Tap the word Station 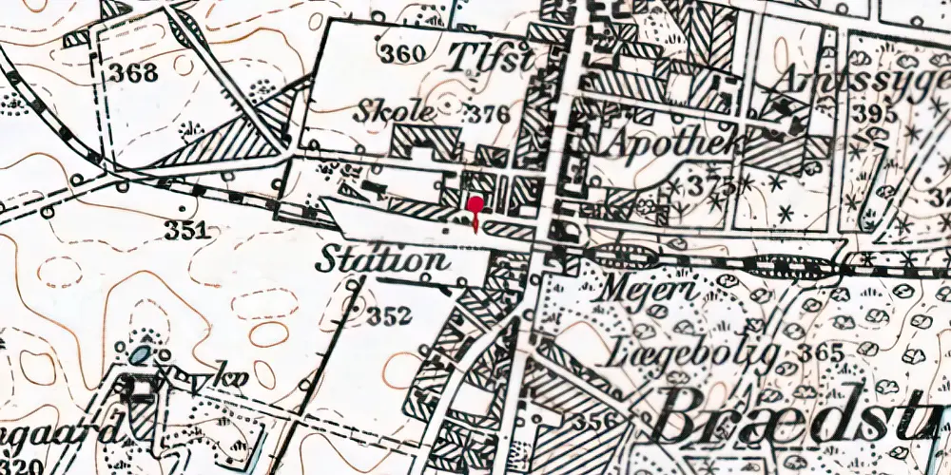coord(382,258)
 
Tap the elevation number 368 coord(133,72)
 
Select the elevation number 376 coord(488,115)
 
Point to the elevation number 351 coord(184,230)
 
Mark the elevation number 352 coord(390,315)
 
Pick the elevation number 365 coord(822,353)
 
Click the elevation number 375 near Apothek coord(714,183)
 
